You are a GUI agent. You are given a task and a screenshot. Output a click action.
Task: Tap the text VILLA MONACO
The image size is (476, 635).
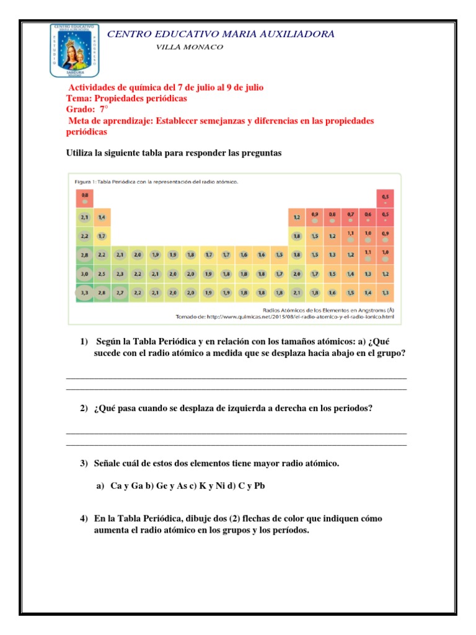(190, 47)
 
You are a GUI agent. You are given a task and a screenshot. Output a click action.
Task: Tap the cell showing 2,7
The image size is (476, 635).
(120, 292)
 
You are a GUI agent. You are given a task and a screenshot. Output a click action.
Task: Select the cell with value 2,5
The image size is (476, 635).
(102, 273)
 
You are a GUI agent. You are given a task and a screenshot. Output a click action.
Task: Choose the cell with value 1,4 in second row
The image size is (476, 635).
(102, 217)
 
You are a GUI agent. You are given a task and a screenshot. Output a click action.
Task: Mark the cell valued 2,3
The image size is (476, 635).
(120, 273)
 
